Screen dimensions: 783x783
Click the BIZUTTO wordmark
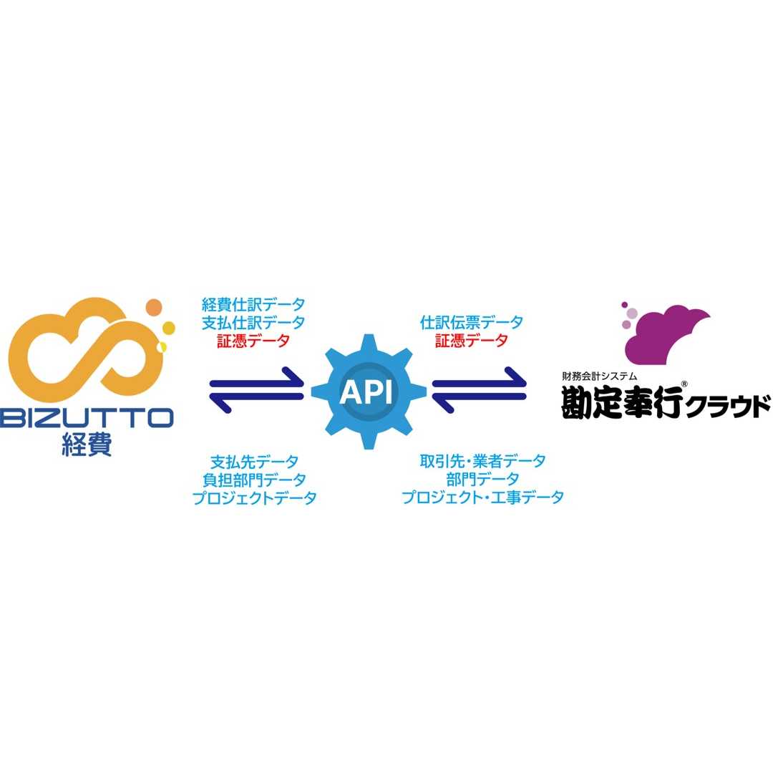click(x=87, y=417)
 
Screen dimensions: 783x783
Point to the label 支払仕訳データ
click(x=253, y=323)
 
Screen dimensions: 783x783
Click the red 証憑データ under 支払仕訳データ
click(x=253, y=341)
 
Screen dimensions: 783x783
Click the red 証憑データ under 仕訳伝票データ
click(x=472, y=341)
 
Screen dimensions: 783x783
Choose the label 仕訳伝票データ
click(x=472, y=323)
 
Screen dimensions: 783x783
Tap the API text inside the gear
click(x=366, y=392)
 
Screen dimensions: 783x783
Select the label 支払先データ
click(x=254, y=462)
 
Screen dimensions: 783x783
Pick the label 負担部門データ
click(x=254, y=480)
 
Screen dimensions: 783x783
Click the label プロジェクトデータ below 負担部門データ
click(x=254, y=498)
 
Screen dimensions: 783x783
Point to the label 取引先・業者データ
click(x=482, y=462)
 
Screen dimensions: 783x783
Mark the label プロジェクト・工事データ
click(x=482, y=497)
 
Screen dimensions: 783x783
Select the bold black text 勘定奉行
click(x=621, y=403)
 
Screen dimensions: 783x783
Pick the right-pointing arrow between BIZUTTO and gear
click(x=256, y=379)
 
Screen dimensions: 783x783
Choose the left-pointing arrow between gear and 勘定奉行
click(x=480, y=402)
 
